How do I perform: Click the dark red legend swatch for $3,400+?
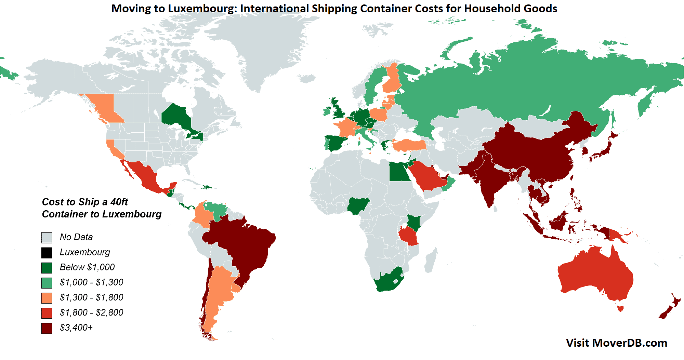click(x=47, y=328)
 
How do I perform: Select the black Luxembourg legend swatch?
click(x=47, y=253)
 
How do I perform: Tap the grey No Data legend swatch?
click(x=47, y=238)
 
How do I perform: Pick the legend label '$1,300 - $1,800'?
click(x=91, y=297)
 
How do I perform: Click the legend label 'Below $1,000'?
click(x=87, y=267)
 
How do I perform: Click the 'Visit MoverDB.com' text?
click(x=616, y=343)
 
